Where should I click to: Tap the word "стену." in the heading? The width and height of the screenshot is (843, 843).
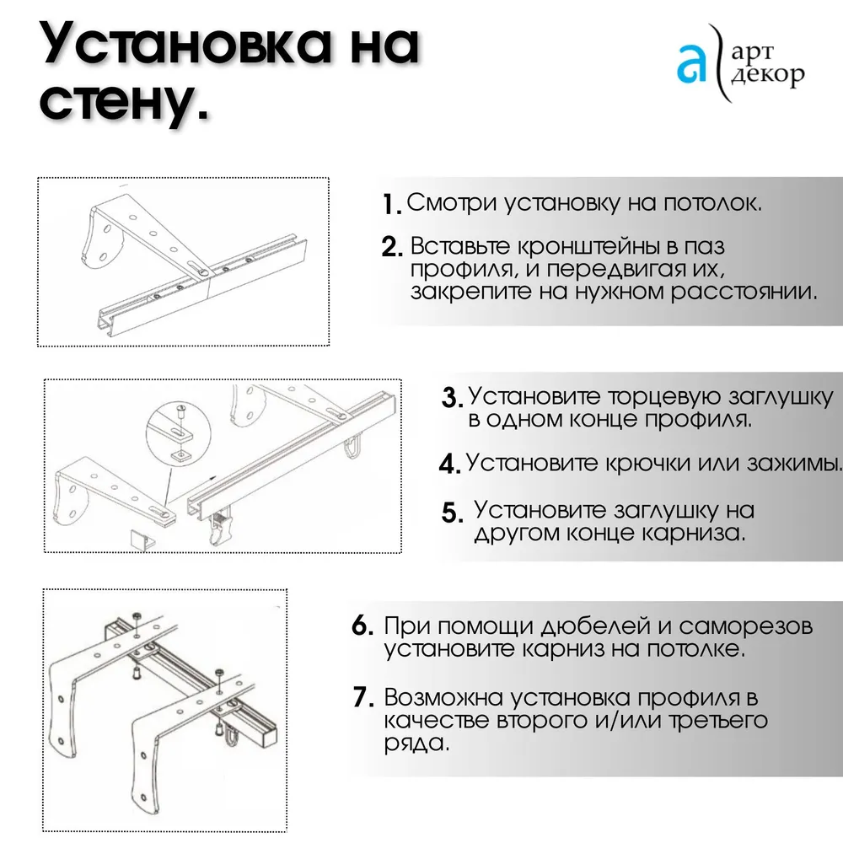(124, 100)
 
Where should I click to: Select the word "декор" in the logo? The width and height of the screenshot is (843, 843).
(768, 74)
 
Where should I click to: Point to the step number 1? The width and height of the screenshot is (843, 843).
(391, 204)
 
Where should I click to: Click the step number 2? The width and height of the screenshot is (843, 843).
(392, 247)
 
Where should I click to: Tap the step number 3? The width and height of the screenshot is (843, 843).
(452, 398)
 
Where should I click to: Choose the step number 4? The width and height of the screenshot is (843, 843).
(450, 464)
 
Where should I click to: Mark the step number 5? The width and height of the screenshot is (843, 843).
(453, 513)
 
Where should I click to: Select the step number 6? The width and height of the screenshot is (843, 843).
(362, 626)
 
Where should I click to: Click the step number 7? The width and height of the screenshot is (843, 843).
(363, 697)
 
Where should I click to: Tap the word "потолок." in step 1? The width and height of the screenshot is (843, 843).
(712, 202)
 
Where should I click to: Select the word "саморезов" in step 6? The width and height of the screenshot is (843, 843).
(746, 626)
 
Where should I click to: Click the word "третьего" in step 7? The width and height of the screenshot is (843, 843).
(717, 721)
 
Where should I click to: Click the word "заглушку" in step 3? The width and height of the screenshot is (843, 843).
(781, 397)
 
